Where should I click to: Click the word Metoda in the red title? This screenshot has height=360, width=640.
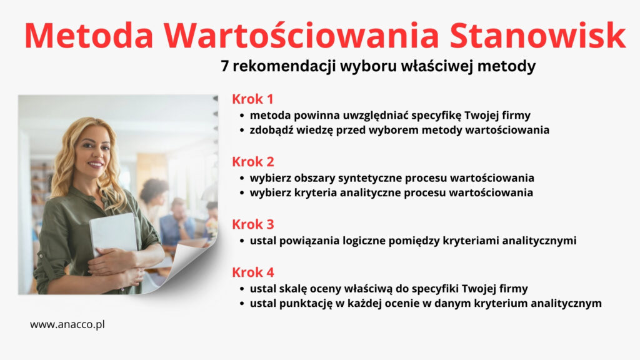tap(89, 36)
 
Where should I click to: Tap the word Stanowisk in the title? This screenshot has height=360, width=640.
tap(537, 36)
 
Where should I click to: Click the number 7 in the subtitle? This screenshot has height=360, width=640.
tap(225, 66)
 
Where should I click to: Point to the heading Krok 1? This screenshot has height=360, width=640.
tap(252, 99)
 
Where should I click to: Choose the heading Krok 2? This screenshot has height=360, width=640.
tap(253, 162)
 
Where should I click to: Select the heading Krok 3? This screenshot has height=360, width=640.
tap(253, 224)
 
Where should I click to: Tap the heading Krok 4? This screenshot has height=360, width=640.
tap(253, 272)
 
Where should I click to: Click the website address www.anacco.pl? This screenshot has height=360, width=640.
tap(67, 325)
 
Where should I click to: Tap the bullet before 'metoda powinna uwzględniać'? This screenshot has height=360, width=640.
tap(242, 116)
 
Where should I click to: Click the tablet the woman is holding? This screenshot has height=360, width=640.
tap(114, 234)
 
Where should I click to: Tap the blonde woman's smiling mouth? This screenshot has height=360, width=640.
tap(96, 164)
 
